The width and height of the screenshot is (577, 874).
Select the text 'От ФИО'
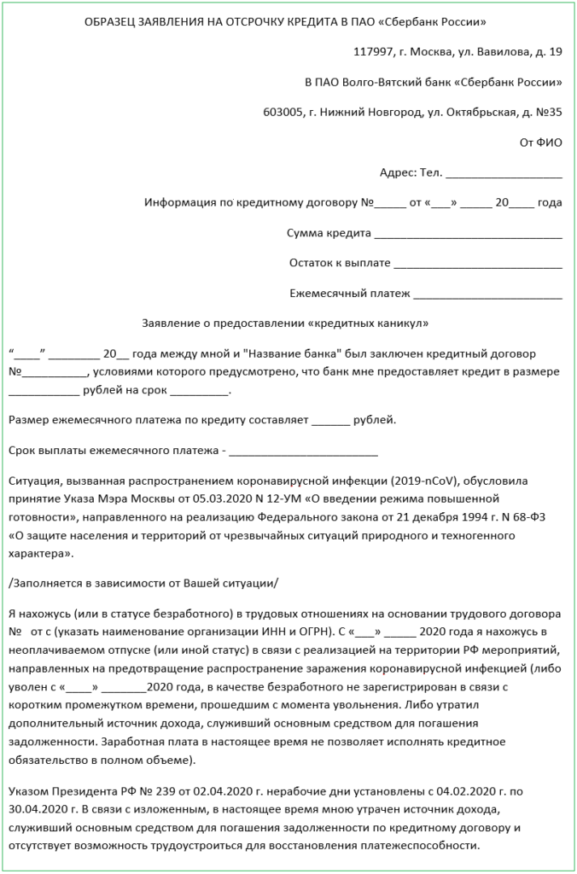coord(541,142)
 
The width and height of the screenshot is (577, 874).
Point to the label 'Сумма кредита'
coord(329,232)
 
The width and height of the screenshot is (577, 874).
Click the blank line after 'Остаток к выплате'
coord(478,263)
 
